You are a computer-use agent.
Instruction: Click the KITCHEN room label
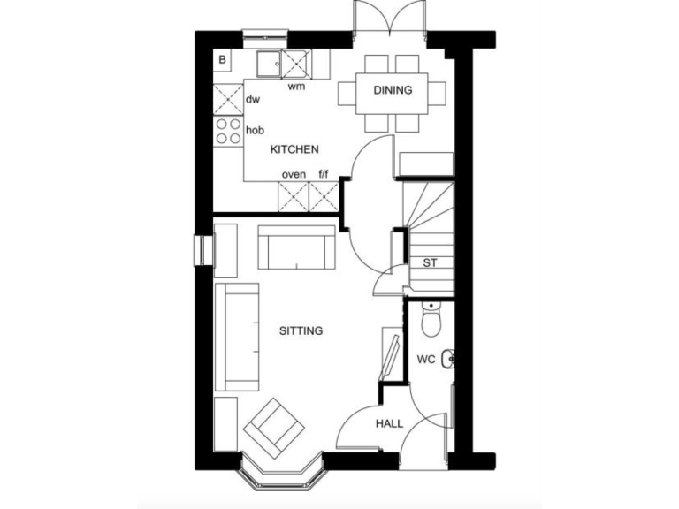(x=294, y=150)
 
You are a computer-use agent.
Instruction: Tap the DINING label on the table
(x=393, y=90)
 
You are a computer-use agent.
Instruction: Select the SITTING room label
(x=301, y=331)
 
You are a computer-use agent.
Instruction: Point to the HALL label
(x=389, y=424)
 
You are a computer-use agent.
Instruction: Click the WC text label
(x=427, y=361)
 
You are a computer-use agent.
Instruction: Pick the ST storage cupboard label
(x=431, y=262)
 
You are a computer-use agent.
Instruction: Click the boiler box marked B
(x=223, y=60)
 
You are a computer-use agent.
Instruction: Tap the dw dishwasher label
(x=253, y=98)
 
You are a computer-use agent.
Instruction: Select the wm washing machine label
(x=296, y=87)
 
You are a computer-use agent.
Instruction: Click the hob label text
(x=255, y=130)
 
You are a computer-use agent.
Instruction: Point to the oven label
(x=294, y=174)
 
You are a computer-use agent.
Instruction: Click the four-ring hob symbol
(x=229, y=131)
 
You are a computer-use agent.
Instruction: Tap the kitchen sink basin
(x=269, y=63)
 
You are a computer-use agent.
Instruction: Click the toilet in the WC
(x=431, y=323)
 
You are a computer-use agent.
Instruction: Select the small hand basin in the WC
(x=449, y=359)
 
